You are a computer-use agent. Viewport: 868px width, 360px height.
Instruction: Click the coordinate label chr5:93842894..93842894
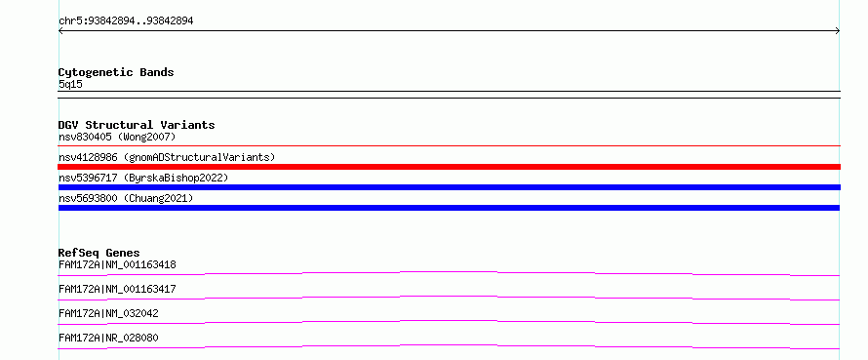click(126, 21)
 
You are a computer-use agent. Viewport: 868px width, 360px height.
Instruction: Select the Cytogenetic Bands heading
click(116, 72)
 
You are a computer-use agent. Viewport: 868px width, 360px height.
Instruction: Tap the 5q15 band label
click(70, 84)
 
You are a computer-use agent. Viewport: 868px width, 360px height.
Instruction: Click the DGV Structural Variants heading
click(137, 125)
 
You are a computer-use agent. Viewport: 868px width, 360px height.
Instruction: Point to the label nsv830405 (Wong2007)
click(117, 137)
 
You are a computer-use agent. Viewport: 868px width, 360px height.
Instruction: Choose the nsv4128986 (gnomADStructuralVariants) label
click(167, 157)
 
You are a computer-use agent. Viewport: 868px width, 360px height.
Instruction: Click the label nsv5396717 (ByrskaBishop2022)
click(143, 178)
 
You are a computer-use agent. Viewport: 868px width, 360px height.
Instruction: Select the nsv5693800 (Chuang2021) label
click(126, 198)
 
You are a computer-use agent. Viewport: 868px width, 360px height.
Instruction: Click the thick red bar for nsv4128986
click(449, 167)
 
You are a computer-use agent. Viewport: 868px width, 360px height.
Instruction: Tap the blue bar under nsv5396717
click(449, 187)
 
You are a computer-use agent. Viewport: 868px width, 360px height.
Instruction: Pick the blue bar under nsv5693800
click(449, 208)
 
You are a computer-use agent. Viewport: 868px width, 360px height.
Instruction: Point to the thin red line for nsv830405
click(449, 145)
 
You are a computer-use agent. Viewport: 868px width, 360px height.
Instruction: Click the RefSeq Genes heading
click(99, 253)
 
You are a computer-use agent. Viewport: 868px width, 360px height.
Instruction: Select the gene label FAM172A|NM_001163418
click(117, 264)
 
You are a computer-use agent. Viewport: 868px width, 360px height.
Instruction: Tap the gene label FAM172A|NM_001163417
click(117, 289)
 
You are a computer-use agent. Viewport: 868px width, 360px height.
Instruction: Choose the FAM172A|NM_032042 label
click(108, 313)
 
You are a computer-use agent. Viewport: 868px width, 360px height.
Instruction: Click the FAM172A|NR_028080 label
click(108, 338)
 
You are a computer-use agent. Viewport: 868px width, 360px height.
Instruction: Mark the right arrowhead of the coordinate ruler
click(839, 31)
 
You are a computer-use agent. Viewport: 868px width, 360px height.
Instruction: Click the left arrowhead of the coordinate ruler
click(59, 31)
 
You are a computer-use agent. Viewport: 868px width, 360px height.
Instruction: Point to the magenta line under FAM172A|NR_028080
click(449, 345)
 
